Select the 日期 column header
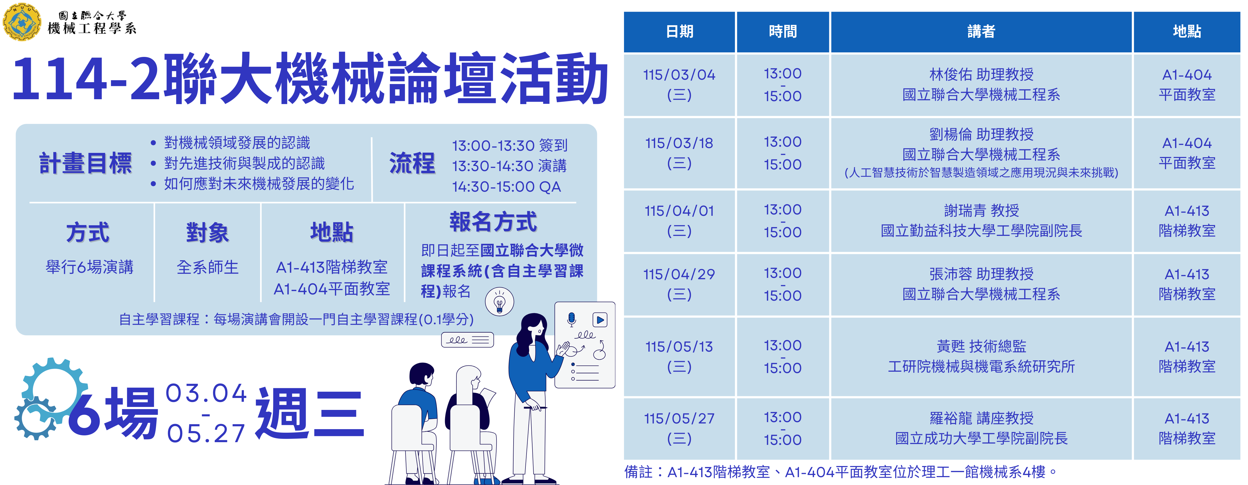coord(679,31)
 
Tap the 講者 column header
coord(981,31)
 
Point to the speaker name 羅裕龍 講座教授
coord(981,418)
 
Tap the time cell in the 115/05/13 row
coord(782,356)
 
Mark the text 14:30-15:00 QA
coord(506,187)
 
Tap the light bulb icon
coord(499,302)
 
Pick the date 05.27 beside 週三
coord(206,433)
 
